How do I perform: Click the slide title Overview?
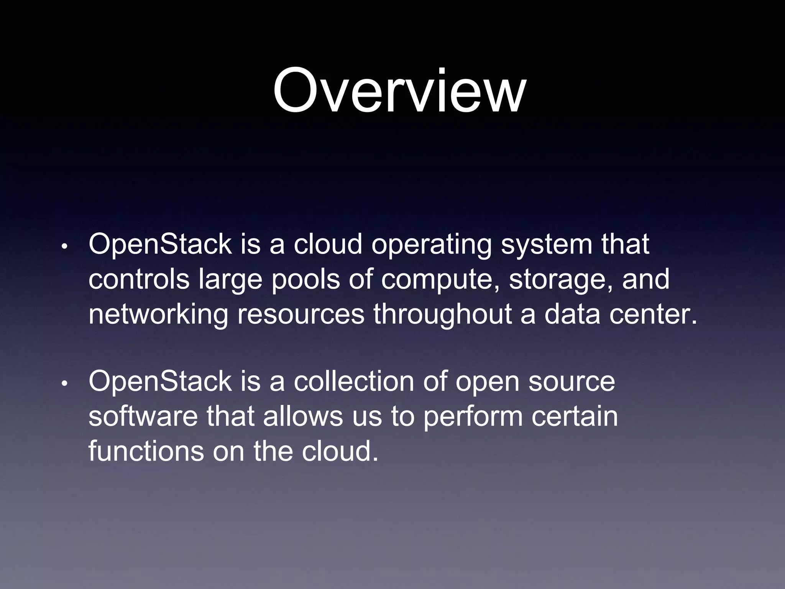tap(399, 91)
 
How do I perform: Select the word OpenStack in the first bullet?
tap(160, 245)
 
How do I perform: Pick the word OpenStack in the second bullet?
tap(160, 382)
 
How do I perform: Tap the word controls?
tap(139, 279)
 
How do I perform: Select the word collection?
tap(354, 382)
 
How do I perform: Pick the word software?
tap(143, 417)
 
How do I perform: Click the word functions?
tap(146, 451)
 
